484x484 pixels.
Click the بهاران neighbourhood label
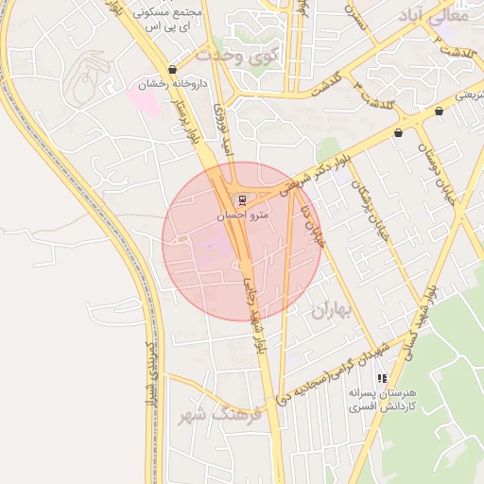tap(331, 309)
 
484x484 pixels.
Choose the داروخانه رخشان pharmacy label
tap(172, 85)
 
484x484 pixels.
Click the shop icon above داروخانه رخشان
tap(172, 70)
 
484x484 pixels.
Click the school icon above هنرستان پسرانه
tap(382, 378)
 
